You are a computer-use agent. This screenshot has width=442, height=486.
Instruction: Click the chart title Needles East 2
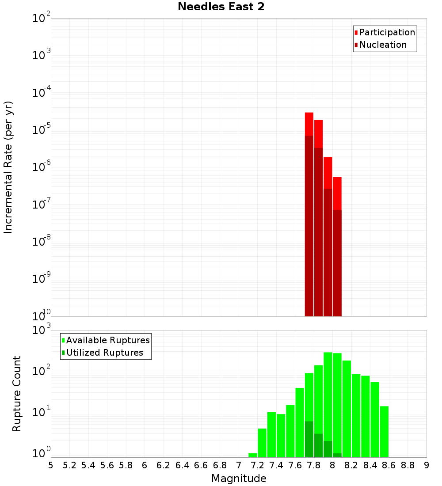221,7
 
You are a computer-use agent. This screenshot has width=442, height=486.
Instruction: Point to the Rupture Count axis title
16,394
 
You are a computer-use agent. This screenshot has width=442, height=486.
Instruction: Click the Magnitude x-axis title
239,478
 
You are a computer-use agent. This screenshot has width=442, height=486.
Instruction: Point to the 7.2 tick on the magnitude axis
258,465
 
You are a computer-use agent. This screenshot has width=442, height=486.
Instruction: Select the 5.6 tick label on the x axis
107,465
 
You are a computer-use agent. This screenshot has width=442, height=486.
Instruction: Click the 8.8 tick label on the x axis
408,465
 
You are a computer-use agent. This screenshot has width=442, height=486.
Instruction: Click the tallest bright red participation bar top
309,114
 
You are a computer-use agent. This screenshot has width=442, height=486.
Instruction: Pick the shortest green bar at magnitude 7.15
253,455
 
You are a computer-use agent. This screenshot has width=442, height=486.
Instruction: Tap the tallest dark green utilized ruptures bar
309,439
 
